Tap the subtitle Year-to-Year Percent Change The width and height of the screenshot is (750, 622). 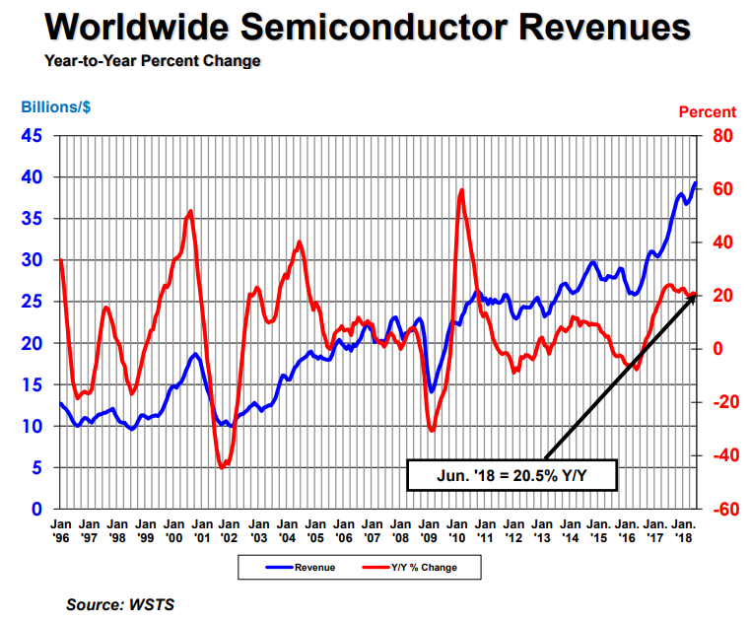(x=152, y=61)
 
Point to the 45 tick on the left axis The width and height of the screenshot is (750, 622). (x=32, y=136)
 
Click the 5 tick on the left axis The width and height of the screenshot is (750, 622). (x=36, y=468)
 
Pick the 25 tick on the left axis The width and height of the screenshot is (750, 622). (x=32, y=302)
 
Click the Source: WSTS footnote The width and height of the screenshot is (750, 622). (x=107, y=603)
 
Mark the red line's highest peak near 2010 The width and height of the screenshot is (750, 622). (x=461, y=189)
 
